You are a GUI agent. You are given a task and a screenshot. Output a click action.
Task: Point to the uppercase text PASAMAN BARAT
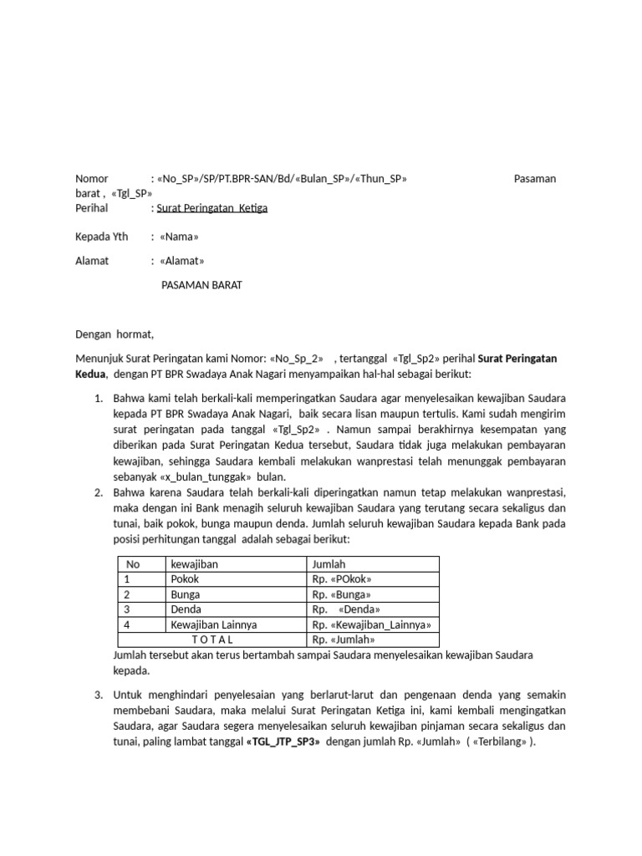click(201, 285)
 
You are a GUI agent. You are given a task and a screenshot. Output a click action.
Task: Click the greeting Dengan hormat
click(115, 334)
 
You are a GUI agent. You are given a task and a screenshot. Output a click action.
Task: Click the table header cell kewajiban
click(194, 564)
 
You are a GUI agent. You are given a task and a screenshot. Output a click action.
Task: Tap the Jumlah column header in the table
click(329, 564)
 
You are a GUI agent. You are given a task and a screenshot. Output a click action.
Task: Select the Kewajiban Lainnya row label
click(213, 624)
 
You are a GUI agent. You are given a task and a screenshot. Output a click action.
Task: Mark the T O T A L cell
click(212, 639)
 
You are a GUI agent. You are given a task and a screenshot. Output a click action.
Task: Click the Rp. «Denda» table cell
click(343, 609)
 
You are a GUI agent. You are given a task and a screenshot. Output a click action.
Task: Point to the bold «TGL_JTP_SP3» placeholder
click(283, 741)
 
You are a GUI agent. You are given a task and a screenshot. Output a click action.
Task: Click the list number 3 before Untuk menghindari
click(98, 695)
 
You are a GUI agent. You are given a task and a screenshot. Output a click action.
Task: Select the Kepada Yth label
click(102, 237)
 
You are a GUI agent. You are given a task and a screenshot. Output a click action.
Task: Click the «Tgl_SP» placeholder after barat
click(131, 192)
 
